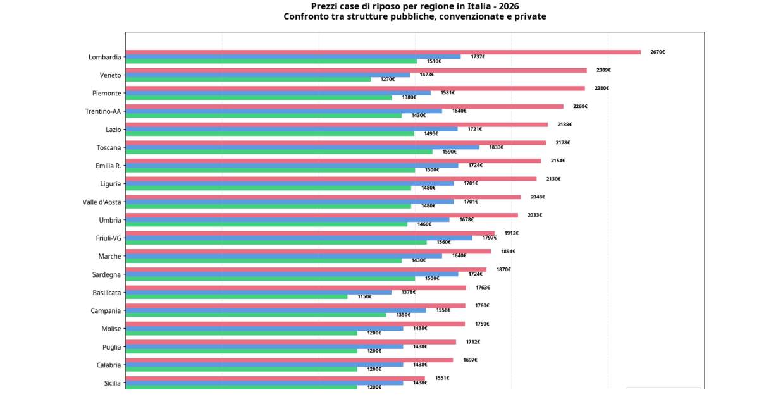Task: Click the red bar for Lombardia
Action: [383, 52]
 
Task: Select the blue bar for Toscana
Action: [302, 147]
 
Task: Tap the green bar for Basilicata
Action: [236, 296]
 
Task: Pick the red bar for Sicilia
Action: [275, 379]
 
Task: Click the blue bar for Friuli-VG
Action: [299, 238]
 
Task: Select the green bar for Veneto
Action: [248, 79]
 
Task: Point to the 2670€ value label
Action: [657, 52]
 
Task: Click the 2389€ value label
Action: [603, 70]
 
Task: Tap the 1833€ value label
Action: [496, 147]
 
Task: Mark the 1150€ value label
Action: [364, 296]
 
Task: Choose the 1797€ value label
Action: [489, 238]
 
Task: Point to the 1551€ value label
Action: [441, 378]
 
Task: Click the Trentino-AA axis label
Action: [103, 112]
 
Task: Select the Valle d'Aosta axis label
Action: [102, 202]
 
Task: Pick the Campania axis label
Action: [106, 311]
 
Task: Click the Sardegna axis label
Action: [106, 275]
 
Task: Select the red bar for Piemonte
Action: [355, 89]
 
